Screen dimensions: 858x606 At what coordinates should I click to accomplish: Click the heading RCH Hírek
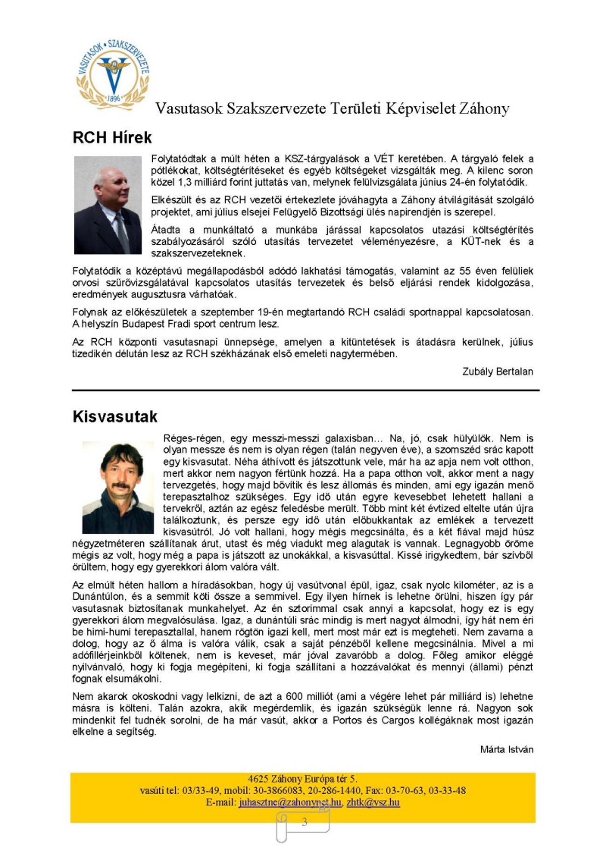(x=112, y=138)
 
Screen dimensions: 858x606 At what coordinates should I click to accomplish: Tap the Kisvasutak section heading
(x=115, y=417)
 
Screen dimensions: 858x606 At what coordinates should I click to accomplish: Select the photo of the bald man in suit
(x=108, y=205)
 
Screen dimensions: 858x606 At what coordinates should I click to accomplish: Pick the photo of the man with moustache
(x=118, y=487)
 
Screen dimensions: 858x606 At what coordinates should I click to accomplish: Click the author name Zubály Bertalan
(x=497, y=372)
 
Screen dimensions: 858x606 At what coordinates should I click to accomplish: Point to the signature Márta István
(x=507, y=749)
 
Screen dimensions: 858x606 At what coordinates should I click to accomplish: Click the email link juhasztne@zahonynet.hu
(x=290, y=802)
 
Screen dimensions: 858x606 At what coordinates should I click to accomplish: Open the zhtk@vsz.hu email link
(x=373, y=802)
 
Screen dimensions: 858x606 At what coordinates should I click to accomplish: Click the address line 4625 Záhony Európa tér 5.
(x=302, y=779)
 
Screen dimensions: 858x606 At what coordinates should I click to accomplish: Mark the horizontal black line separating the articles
(x=305, y=390)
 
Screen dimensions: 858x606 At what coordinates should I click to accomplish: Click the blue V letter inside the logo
(x=114, y=77)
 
